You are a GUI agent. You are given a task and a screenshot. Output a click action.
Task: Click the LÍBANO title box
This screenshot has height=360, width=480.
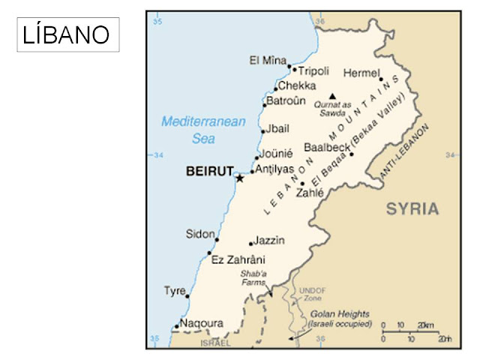67,34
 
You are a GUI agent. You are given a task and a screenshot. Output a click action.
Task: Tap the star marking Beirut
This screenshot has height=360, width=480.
240,178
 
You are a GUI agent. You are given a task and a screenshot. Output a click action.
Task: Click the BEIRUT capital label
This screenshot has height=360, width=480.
210,172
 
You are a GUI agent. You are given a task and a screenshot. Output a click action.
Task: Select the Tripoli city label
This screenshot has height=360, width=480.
314,71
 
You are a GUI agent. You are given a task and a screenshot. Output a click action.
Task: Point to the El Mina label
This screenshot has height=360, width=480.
268,59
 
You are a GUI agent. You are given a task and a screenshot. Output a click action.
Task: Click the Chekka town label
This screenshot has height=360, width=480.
297,86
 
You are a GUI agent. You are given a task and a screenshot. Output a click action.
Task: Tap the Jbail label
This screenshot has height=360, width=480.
277,129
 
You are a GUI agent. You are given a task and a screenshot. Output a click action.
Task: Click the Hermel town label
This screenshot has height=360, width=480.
361,73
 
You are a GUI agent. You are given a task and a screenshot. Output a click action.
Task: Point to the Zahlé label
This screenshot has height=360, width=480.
310,193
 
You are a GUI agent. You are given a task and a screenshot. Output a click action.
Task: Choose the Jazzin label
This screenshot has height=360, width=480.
270,240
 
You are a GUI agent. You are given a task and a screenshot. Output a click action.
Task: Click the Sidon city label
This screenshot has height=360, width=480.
200,235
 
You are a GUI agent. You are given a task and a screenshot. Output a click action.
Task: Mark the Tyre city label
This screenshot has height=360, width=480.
175,291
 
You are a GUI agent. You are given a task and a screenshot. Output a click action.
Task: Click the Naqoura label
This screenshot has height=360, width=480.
202,323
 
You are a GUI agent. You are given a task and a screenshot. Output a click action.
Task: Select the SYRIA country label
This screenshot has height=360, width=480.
412,209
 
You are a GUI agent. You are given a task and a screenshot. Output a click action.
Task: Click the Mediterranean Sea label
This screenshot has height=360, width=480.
203,130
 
